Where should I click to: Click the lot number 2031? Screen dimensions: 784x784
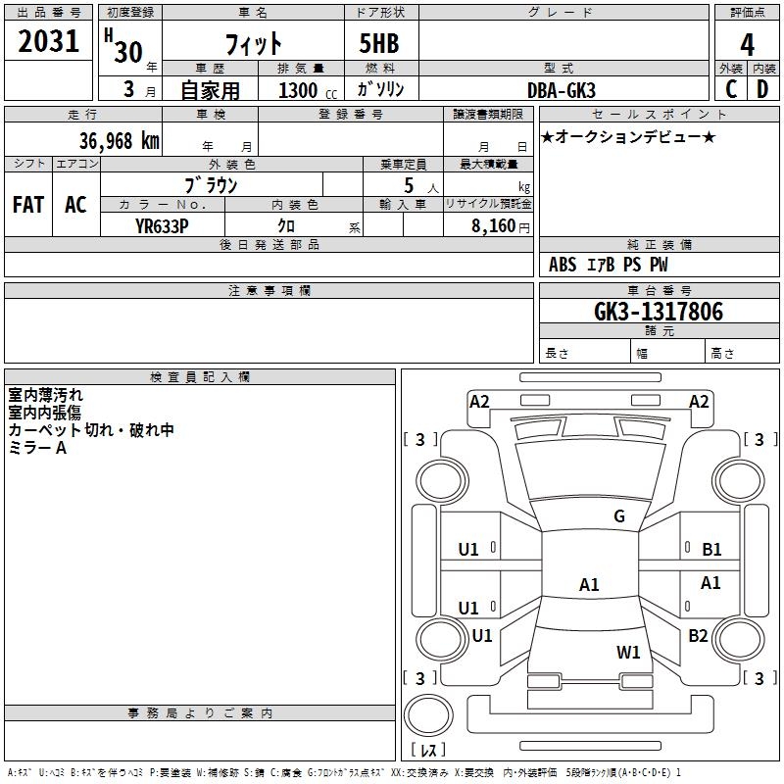tap(48, 41)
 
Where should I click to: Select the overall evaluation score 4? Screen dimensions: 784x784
tap(747, 44)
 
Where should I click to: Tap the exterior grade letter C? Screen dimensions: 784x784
tap(730, 88)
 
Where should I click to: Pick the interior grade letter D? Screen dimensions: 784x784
tap(762, 88)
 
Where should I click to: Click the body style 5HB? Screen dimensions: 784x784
tap(379, 44)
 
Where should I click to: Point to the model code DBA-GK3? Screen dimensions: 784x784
tap(563, 89)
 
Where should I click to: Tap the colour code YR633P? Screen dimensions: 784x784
tap(163, 225)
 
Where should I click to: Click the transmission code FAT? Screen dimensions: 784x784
tap(28, 205)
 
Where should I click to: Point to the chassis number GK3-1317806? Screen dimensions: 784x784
tap(659, 312)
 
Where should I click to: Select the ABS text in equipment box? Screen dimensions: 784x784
tap(563, 265)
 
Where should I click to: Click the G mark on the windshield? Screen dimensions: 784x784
tap(619, 516)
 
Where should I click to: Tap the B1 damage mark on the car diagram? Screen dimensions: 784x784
tap(711, 550)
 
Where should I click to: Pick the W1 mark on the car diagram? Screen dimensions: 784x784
tap(628, 652)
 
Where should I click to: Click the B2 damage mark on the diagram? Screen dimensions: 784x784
tap(698, 636)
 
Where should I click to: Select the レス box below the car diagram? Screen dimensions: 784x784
tap(428, 750)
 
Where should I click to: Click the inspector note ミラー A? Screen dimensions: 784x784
tap(37, 448)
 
